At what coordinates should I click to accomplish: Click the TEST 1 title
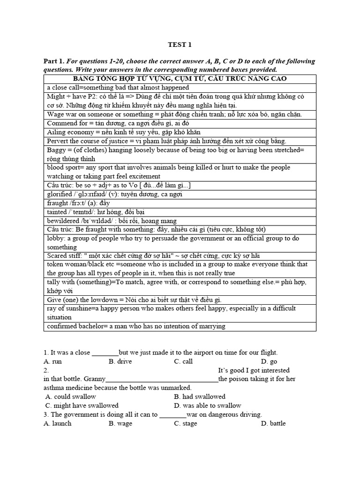(180, 45)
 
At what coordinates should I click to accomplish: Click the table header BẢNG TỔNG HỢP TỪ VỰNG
(180, 78)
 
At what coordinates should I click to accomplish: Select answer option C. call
(183, 361)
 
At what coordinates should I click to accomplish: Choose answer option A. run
(52, 361)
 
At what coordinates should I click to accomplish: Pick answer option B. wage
(120, 423)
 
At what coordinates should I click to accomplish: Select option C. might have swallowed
(82, 405)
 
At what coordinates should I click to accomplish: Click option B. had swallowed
(200, 397)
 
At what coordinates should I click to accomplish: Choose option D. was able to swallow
(207, 405)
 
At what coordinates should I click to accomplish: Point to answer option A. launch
(57, 423)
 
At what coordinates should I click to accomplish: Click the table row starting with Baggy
(180, 154)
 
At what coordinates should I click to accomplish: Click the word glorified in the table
(60, 194)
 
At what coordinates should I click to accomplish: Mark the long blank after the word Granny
(162, 379)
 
